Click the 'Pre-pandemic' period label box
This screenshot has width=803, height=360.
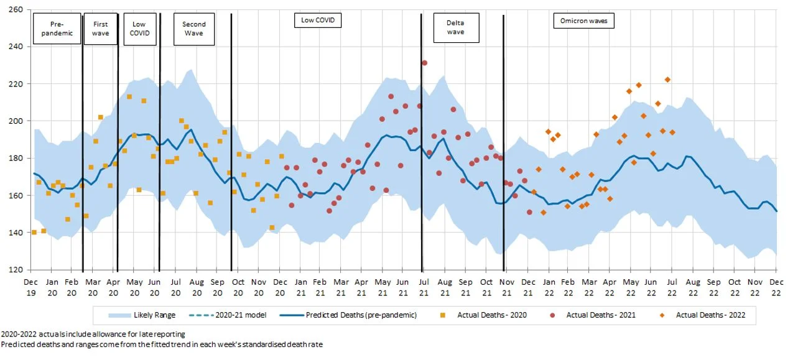point(57,29)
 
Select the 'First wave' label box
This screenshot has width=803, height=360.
point(100,29)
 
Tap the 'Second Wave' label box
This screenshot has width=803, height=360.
point(194,29)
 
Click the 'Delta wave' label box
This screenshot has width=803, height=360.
point(456,27)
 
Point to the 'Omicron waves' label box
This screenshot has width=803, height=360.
point(583,21)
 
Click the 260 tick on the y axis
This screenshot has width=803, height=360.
point(16,10)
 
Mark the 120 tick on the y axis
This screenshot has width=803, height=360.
point(16,270)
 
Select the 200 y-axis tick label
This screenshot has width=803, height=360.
point(16,121)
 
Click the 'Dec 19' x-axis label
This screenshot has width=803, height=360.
point(30,286)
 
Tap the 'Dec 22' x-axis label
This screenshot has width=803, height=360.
point(776,286)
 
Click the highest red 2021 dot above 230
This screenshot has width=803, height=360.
point(424,63)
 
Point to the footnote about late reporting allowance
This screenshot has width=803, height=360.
point(93,335)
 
